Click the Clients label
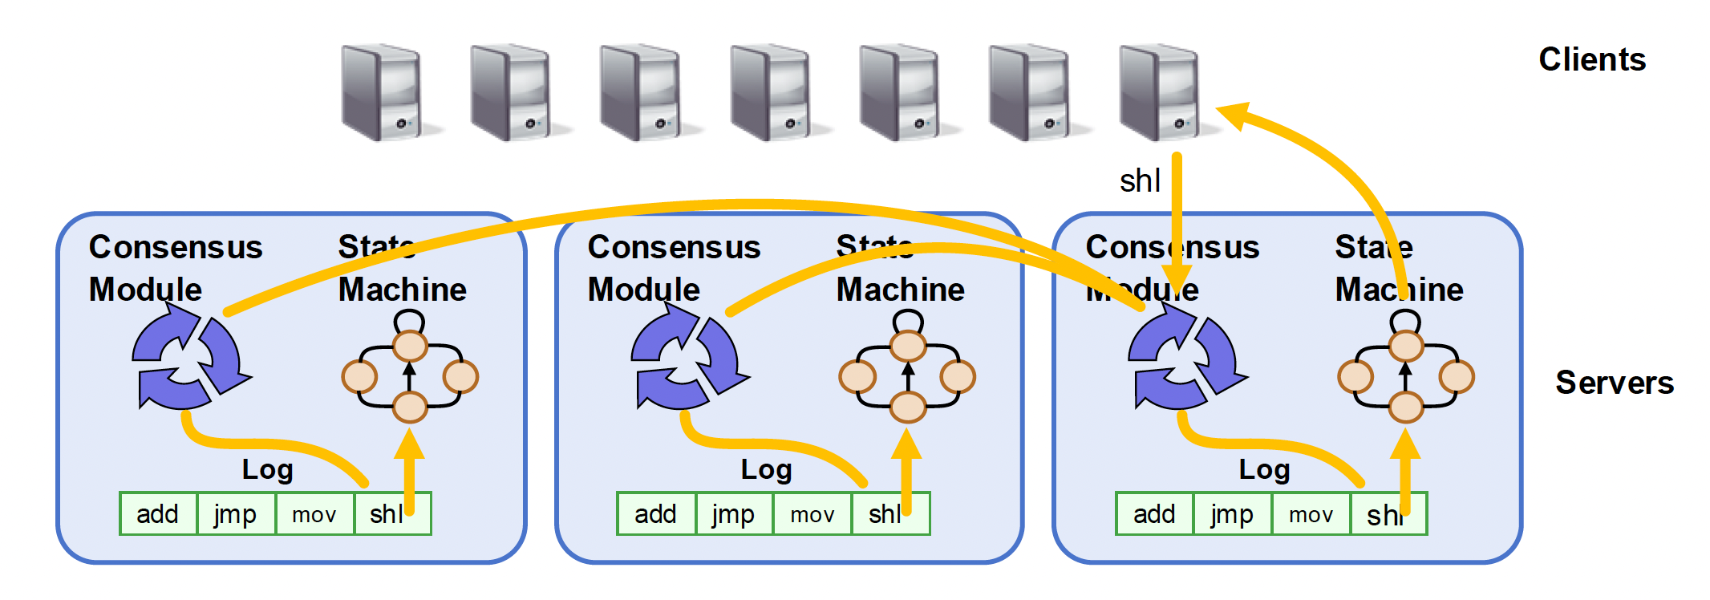click(1591, 60)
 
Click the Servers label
click(1614, 383)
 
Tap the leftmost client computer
click(383, 93)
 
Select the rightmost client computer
click(1161, 93)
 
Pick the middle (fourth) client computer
click(773, 93)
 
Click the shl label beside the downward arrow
click(1140, 181)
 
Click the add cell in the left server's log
click(157, 514)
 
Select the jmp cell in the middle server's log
click(733, 514)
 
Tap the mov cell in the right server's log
click(1311, 514)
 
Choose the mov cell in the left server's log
click(314, 514)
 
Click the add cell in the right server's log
click(1153, 514)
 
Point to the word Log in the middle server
click(766, 470)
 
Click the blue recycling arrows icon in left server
click(189, 359)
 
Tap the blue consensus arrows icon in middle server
click(688, 359)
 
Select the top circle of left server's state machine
click(410, 347)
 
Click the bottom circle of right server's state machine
click(1405, 407)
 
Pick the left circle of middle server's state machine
click(857, 376)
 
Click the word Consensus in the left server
click(176, 247)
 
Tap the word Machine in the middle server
click(900, 290)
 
